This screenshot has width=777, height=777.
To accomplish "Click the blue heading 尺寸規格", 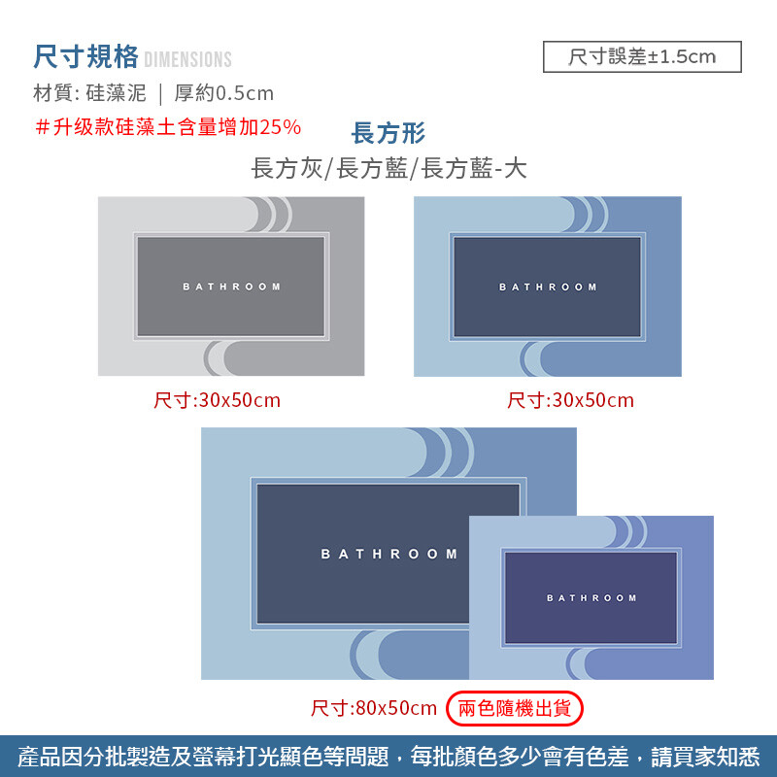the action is click(85, 56).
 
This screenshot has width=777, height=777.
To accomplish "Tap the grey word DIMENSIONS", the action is click(187, 59).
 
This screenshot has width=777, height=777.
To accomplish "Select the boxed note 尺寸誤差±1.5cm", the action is click(642, 56).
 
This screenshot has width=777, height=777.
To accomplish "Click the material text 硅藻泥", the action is click(116, 92).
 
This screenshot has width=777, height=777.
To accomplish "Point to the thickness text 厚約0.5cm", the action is click(224, 92).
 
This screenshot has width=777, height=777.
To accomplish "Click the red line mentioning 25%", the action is click(168, 127).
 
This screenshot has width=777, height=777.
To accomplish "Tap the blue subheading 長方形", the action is click(388, 133).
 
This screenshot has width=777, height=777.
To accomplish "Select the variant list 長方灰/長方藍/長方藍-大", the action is click(388, 168).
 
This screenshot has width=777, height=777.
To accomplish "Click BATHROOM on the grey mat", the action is click(231, 287).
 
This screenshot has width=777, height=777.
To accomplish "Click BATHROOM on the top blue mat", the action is click(548, 287).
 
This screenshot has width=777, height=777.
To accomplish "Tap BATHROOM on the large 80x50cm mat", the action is click(389, 554).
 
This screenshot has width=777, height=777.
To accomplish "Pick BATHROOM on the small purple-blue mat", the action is click(591, 598).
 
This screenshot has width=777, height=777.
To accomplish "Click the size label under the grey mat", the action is click(217, 400).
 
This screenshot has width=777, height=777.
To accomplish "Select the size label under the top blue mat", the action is click(570, 400).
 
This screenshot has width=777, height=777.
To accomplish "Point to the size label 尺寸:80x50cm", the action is click(374, 708).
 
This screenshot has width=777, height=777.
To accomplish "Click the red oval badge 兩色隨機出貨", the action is click(515, 708).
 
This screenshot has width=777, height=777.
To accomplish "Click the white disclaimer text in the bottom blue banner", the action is click(388, 757).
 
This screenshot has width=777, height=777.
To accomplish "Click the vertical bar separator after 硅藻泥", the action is click(160, 94).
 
